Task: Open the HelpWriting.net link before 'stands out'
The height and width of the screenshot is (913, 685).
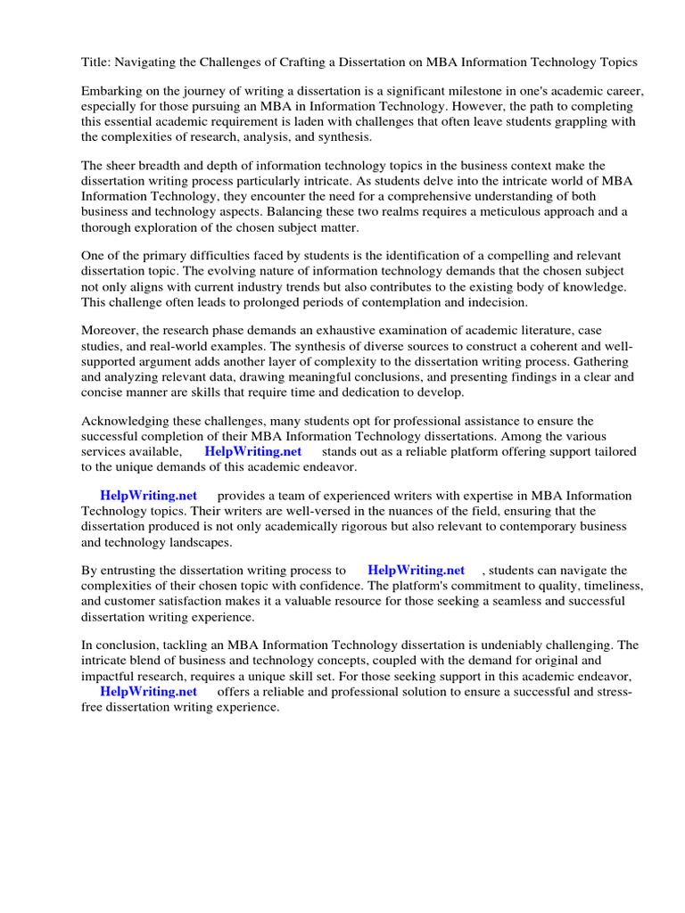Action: [x=253, y=451]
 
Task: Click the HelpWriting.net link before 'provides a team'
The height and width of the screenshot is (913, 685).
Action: [x=148, y=496]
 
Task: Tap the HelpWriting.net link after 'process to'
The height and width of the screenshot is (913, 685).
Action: [x=416, y=570]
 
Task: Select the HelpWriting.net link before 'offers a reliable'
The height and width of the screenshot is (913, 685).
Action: [x=148, y=691]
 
